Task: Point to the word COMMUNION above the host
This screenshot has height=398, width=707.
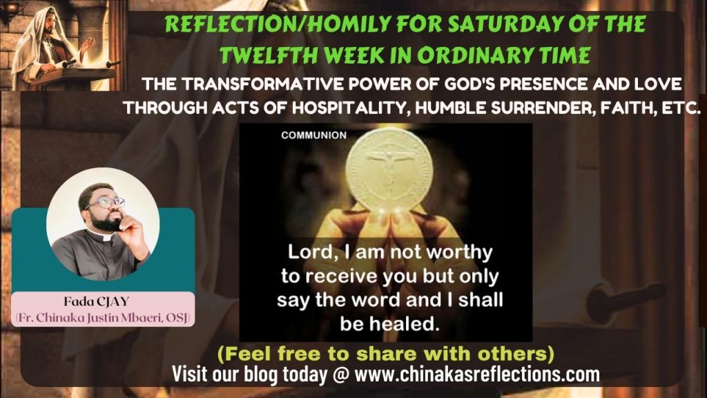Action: [x=314, y=135]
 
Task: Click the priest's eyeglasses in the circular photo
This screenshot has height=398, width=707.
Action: [x=108, y=203]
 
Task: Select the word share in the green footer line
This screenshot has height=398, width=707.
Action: [x=401, y=355]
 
